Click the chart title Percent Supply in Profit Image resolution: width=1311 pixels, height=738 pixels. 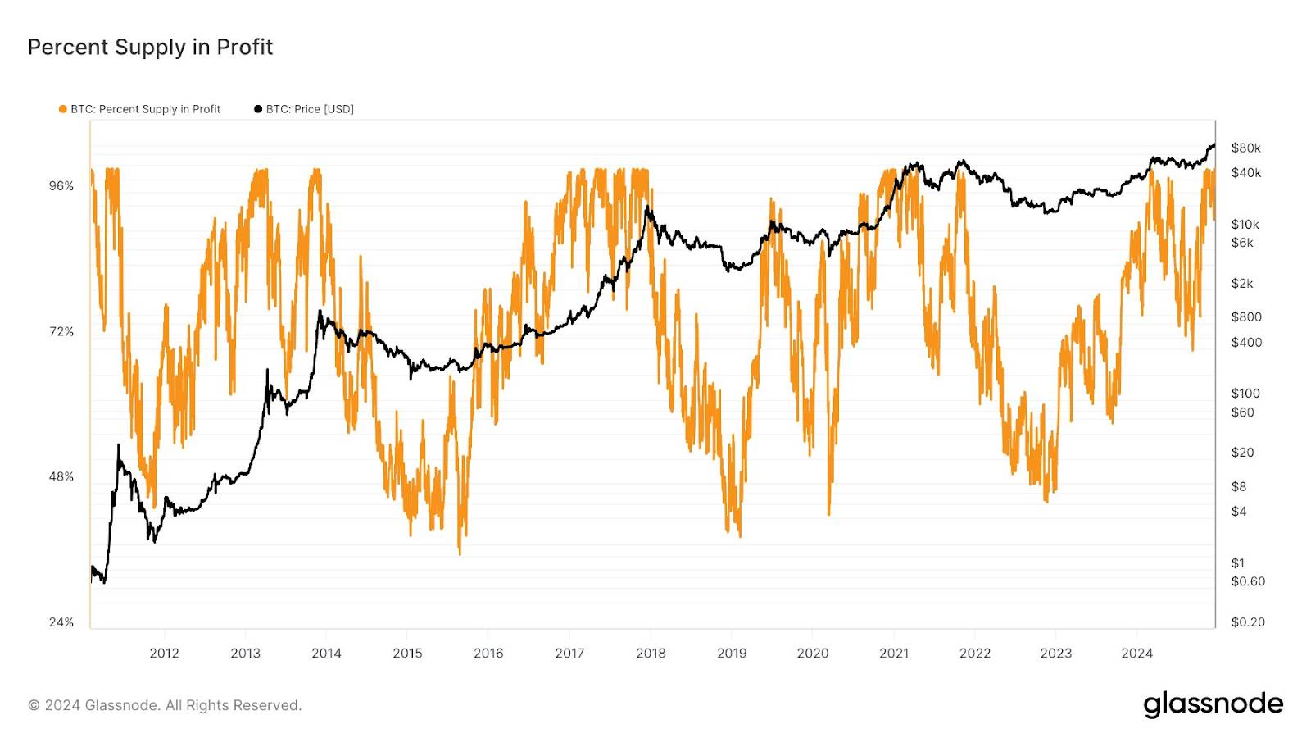[x=150, y=48]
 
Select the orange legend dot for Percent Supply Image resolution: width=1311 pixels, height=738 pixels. [x=62, y=109]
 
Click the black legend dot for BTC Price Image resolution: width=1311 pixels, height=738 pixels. [x=258, y=109]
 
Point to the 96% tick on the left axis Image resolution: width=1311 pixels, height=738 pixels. [x=61, y=186]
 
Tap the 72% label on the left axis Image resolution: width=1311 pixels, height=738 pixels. [x=61, y=331]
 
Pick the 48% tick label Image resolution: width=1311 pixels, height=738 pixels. [x=61, y=476]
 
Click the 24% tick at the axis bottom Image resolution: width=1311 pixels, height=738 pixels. [x=61, y=622]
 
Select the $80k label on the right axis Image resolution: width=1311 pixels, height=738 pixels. [x=1245, y=148]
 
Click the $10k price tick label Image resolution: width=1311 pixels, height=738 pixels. [x=1245, y=224]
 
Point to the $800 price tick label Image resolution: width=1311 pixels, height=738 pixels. [x=1246, y=317]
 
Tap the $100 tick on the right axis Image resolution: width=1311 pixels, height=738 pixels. [x=1245, y=393]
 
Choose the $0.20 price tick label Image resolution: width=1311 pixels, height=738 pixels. [x=1248, y=622]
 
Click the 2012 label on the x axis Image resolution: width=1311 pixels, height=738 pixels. [x=164, y=653]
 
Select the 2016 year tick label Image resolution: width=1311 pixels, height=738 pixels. [x=488, y=653]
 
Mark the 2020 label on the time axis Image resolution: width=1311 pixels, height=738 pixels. [x=812, y=653]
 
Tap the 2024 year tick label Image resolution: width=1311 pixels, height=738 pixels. [x=1136, y=653]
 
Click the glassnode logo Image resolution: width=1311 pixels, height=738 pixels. [x=1213, y=704]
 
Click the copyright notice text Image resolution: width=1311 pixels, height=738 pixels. [x=165, y=705]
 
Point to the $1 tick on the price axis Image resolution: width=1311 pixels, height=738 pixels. [x=1237, y=563]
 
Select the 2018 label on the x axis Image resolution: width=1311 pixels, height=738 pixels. [x=651, y=653]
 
